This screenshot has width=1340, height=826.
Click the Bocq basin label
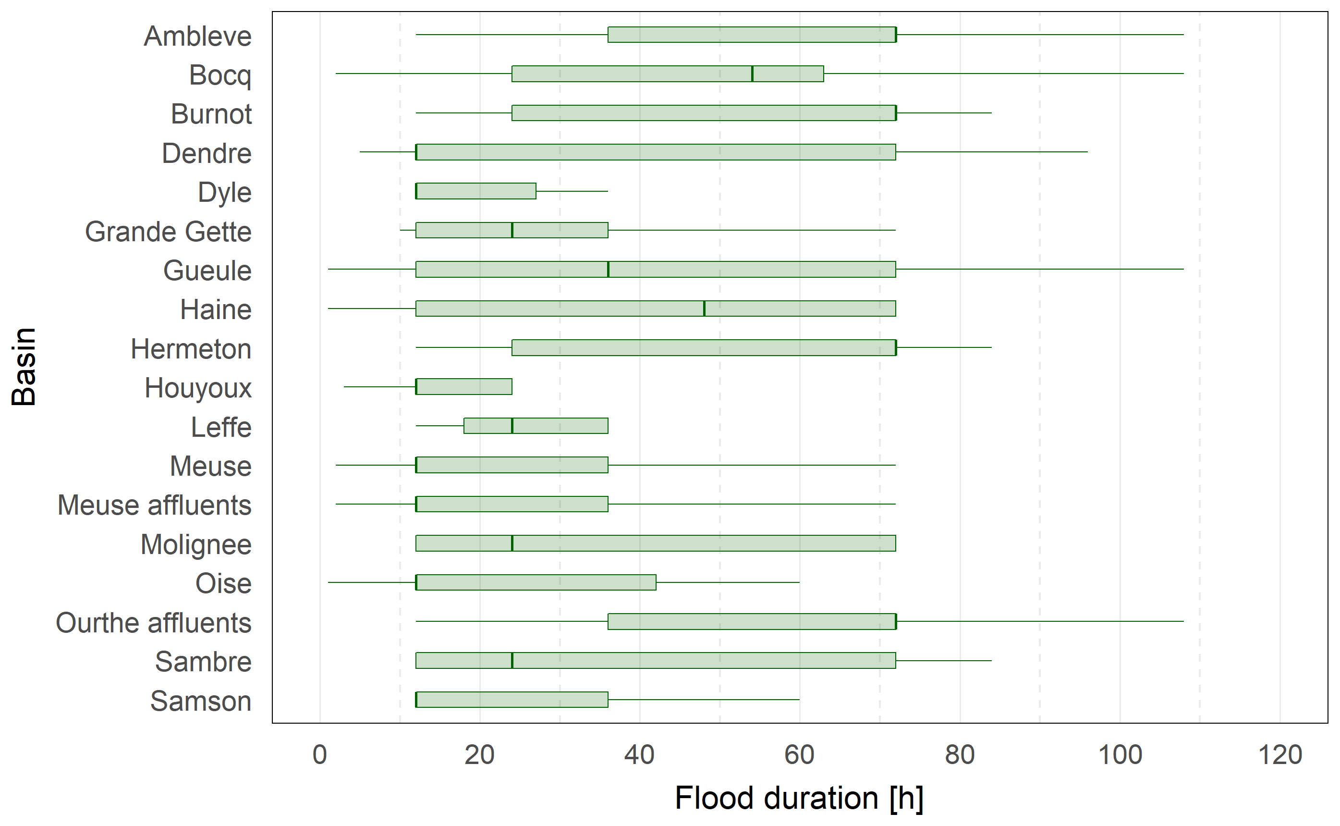pos(220,75)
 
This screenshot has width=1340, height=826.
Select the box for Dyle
pos(475,191)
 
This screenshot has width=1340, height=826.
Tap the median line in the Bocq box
pos(752,74)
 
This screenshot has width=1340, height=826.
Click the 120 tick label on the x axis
pos(1279,755)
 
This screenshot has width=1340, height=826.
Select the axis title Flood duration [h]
pos(799,798)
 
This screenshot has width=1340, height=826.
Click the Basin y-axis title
pos(24,367)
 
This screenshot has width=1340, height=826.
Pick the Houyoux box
pos(464,387)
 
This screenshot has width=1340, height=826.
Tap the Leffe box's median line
pos(512,426)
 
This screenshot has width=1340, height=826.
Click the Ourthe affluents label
pos(153,623)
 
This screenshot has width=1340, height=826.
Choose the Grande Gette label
pos(168,232)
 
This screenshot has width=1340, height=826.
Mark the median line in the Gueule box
pos(609,269)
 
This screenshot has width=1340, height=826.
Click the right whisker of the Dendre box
pos(991,152)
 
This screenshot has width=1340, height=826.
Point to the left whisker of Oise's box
pos(372,582)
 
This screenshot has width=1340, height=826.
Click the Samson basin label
pos(200,701)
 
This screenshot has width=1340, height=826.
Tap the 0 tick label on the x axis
pos(319,755)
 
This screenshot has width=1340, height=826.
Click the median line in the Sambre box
pos(512,661)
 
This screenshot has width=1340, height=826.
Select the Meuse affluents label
pos(155,505)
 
